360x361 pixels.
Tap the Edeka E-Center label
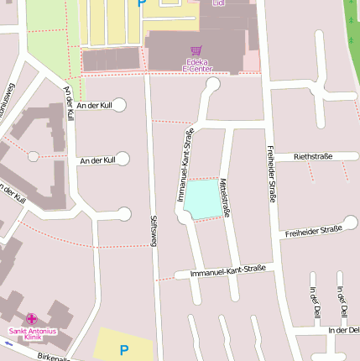[x=196, y=65]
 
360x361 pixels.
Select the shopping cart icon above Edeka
[x=196, y=50]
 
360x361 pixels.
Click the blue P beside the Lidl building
[x=140, y=3]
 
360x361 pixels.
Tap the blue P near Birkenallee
[x=124, y=350]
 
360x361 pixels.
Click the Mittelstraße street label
[x=224, y=198]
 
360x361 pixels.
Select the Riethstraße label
[x=313, y=157]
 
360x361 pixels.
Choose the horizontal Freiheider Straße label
[x=313, y=230]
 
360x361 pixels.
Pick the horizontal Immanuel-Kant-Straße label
[x=227, y=270]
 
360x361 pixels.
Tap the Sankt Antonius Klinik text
[x=32, y=334]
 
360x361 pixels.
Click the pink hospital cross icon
[x=32, y=319]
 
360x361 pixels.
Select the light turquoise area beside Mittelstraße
[x=204, y=199]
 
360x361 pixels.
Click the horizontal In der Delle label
[x=343, y=331]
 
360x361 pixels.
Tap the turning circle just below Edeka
[x=212, y=84]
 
